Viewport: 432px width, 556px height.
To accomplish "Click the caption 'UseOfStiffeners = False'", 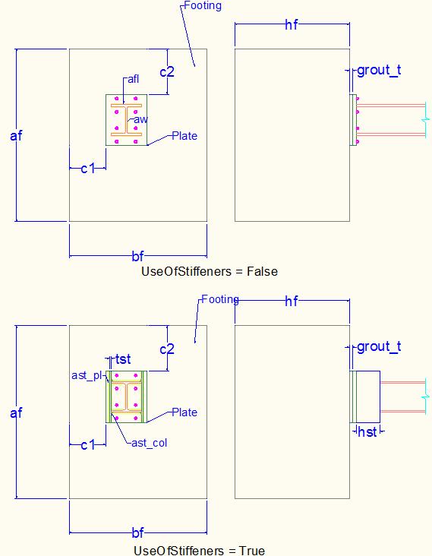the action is tap(210, 272).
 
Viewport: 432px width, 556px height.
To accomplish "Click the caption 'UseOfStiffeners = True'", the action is tap(199, 551).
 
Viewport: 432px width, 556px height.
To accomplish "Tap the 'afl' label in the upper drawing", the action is tap(134, 79).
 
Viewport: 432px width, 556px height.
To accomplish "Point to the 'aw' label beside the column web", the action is tap(140, 119).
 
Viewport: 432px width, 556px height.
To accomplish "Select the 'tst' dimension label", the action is tap(123, 359).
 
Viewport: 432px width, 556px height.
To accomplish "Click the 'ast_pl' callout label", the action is tap(87, 375).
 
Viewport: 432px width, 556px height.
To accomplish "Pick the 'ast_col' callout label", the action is tap(150, 443).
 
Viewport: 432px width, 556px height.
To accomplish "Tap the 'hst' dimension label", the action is tap(367, 432).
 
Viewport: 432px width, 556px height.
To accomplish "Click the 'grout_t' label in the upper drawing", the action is tap(379, 70).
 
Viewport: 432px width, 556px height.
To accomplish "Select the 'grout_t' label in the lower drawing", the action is tap(379, 346).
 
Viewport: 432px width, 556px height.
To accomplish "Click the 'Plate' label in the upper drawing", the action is tap(184, 136).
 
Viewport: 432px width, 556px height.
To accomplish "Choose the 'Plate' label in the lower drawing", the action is tap(184, 412).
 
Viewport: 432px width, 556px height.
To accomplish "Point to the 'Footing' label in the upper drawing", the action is tap(203, 5).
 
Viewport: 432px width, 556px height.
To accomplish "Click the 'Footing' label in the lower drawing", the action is tap(220, 299).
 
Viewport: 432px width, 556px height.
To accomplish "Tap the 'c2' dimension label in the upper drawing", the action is tap(167, 72).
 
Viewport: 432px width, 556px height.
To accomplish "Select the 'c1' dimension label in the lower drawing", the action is tap(88, 444).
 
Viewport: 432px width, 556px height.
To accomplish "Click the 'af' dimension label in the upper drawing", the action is tap(16, 135).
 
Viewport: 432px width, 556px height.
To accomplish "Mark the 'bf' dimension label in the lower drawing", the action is tap(138, 532).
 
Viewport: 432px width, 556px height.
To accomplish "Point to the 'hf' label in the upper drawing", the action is tap(292, 25).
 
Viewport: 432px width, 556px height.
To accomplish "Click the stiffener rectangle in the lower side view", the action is tap(368, 396).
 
